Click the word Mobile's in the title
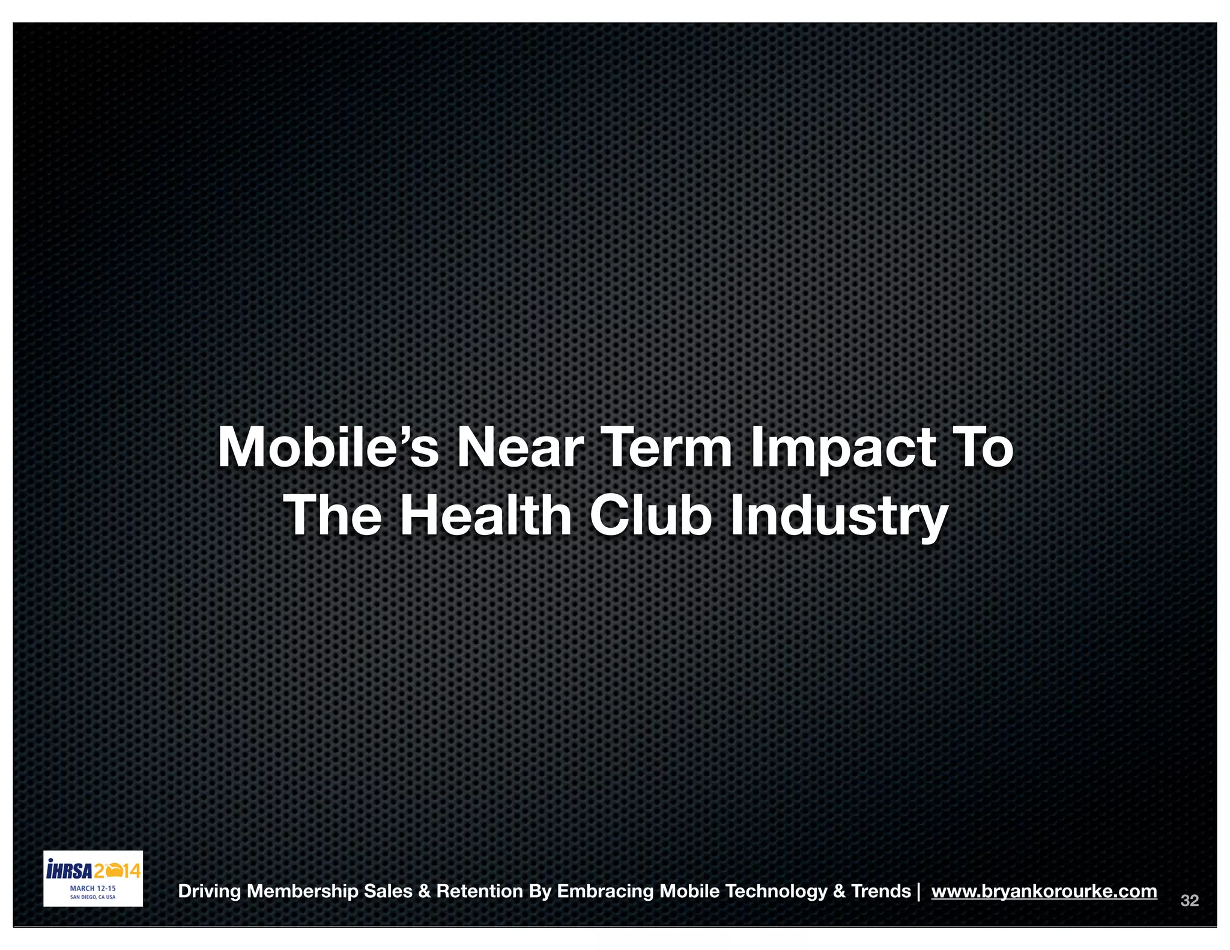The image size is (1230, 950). [328, 447]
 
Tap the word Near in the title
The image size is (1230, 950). [520, 447]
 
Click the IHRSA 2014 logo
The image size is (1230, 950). [93, 871]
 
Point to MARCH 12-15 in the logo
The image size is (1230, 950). [93, 888]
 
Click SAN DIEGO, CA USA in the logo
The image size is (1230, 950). [93, 897]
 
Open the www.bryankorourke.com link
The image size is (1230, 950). [1044, 891]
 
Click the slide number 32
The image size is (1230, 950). [1189, 901]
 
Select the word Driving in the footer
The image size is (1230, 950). [210, 892]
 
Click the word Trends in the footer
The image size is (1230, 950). [880, 891]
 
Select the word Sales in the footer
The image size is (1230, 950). [388, 891]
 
